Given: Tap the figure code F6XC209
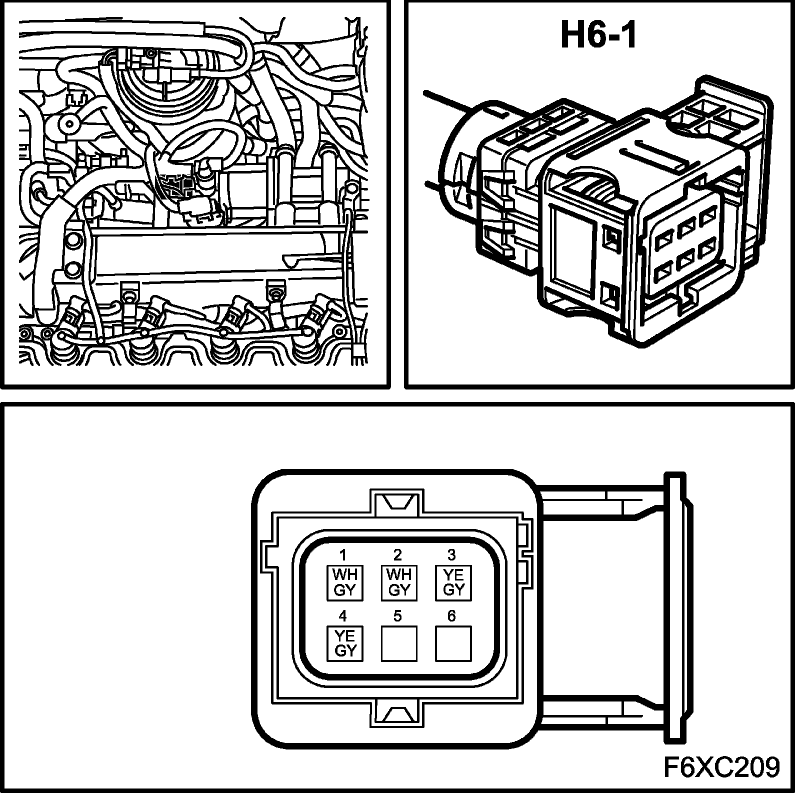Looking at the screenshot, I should click(x=721, y=766).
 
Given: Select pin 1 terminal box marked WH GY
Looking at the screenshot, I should click(x=344, y=582).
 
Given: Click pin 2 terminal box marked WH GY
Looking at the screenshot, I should click(x=399, y=582).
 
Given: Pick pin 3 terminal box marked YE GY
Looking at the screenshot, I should click(x=453, y=582).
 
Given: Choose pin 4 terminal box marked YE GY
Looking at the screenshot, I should click(x=344, y=643).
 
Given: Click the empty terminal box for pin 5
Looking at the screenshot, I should click(x=399, y=643).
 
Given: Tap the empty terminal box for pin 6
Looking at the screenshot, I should click(x=453, y=643).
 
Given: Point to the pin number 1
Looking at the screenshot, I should click(x=343, y=555).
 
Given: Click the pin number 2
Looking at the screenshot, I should click(x=397, y=555).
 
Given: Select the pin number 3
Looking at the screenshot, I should click(x=451, y=555).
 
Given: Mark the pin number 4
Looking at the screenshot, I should click(x=343, y=616).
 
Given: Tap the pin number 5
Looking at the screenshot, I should click(x=397, y=616).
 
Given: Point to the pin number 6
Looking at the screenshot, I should click(x=451, y=616).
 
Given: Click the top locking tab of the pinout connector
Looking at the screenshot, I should click(x=398, y=501).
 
